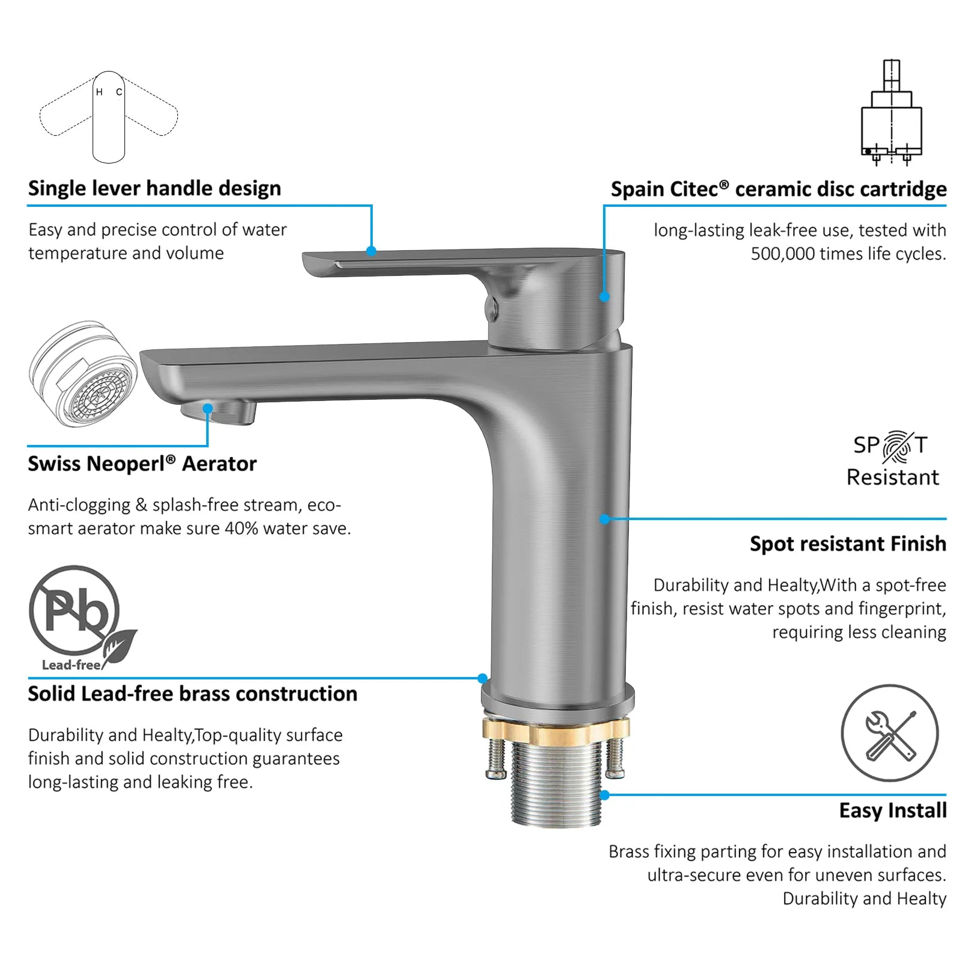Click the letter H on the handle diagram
coord(99,92)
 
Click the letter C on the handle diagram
coord(119,92)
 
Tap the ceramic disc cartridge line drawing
coord(891,112)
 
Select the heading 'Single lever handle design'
coord(155,188)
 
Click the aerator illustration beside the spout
coord(83,373)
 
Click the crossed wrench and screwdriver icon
coord(889,733)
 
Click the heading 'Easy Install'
coord(893,810)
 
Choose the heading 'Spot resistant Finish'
coord(848,544)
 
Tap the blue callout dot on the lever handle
coord(372,251)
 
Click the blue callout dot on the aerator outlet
coord(208,409)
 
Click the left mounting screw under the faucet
coord(495,758)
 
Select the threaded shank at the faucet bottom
coord(557,784)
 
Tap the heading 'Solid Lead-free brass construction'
coord(192,694)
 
